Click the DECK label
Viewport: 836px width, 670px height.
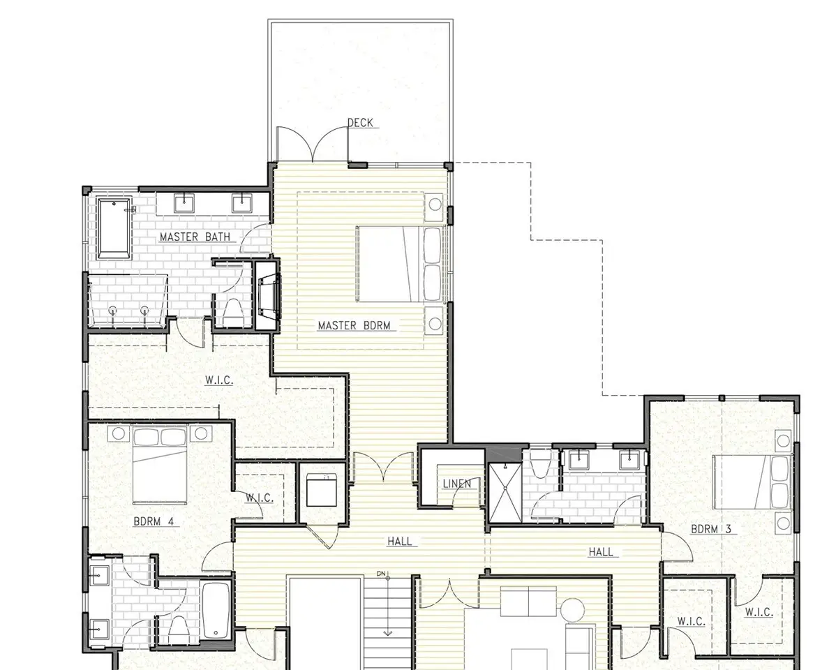pos(360,123)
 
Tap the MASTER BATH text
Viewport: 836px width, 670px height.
pos(195,237)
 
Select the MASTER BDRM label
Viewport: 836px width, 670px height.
pos(354,325)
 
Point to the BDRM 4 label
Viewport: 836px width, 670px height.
pos(154,521)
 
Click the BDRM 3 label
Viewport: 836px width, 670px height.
pos(710,529)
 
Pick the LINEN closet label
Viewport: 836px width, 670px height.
pos(457,484)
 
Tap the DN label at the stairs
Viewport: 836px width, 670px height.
pos(381,574)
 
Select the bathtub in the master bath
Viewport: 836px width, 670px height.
pos(114,228)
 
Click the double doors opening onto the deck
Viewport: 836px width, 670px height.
pos(313,144)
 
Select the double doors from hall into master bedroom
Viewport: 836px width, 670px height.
pos(383,468)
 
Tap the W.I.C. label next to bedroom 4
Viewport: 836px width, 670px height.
pos(260,498)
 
